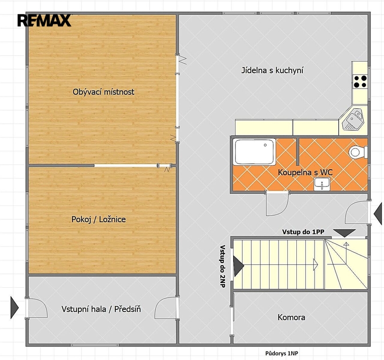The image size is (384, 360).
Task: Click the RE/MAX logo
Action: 45,20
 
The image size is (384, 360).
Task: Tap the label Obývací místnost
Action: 103,92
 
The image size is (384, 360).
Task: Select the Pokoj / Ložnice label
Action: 98,219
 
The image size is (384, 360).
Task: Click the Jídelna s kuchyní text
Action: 272,70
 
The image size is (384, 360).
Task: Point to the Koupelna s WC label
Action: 305,172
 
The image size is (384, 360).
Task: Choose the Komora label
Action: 291,317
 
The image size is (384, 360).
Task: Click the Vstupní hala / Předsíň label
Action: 101,309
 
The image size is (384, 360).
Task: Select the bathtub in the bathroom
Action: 255,152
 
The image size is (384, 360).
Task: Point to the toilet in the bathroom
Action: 358,152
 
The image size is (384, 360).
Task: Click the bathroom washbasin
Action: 322,184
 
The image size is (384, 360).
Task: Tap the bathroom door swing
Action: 278,204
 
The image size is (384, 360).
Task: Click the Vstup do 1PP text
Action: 303,232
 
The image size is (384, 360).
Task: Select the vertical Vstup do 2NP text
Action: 222,266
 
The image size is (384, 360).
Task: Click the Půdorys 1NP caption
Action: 282,353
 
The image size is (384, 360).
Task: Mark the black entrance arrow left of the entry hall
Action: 15,307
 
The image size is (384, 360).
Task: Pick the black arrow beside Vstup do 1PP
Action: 344,233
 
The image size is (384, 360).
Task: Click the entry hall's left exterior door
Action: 37,307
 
